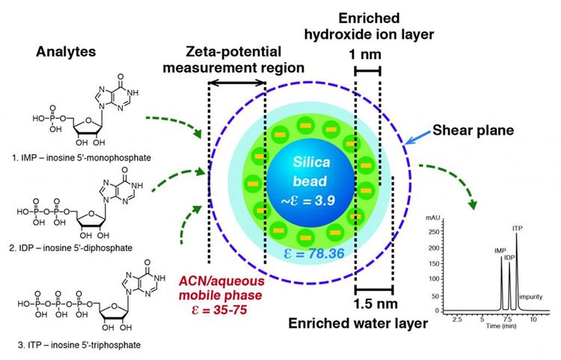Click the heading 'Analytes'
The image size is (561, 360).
[66, 52]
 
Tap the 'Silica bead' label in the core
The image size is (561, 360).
[310, 172]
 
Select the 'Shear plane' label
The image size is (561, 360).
[473, 130]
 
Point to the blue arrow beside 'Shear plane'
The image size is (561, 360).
[417, 138]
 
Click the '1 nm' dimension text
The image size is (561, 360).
[365, 55]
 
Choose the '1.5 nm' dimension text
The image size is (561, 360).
[375, 303]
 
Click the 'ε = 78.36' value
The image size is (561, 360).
[314, 254]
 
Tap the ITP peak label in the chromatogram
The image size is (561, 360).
[518, 228]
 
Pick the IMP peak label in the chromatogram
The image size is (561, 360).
[500, 251]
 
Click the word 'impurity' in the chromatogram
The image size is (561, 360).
[531, 296]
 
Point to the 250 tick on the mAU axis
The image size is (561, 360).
[434, 232]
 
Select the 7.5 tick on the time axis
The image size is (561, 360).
[508, 319]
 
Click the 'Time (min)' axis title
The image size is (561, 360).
[501, 326]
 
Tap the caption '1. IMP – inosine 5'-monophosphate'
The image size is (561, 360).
[82, 157]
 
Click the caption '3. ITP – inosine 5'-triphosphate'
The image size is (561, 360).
[79, 345]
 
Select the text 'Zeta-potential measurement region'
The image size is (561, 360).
[233, 59]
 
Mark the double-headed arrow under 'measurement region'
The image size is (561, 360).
[236, 82]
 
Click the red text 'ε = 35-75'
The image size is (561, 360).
[220, 309]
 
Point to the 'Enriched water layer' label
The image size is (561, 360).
[358, 323]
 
